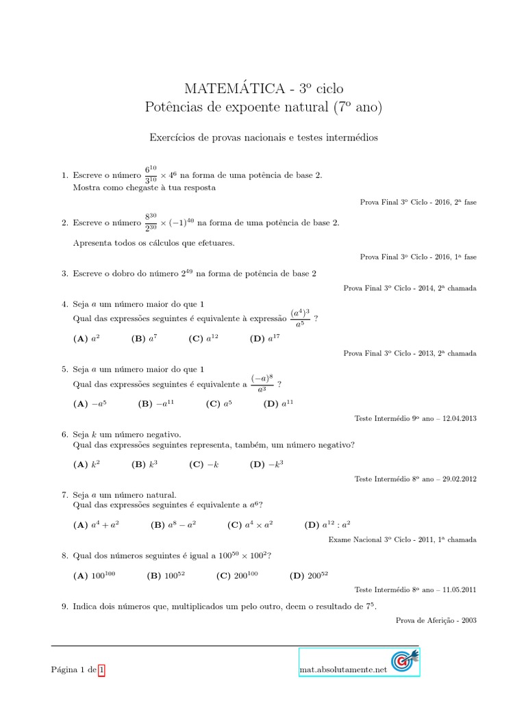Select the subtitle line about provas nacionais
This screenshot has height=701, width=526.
(264, 138)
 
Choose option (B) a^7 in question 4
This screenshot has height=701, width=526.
(145, 338)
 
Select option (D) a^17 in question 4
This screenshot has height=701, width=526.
(265, 338)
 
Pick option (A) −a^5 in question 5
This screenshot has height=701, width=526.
(90, 404)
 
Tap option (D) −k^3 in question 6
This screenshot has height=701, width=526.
(266, 464)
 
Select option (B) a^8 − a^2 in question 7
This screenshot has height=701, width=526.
(173, 525)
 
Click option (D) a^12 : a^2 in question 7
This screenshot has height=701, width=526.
(327, 525)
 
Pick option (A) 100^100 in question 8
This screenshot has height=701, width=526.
(95, 576)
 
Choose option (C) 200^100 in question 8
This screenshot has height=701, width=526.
(238, 576)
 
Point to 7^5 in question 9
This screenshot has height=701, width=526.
(369, 606)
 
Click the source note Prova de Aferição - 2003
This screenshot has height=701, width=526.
(436, 620)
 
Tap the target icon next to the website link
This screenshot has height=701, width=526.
(405, 662)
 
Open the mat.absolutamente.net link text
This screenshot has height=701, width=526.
(343, 669)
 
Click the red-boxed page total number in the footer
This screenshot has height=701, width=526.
(101, 670)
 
